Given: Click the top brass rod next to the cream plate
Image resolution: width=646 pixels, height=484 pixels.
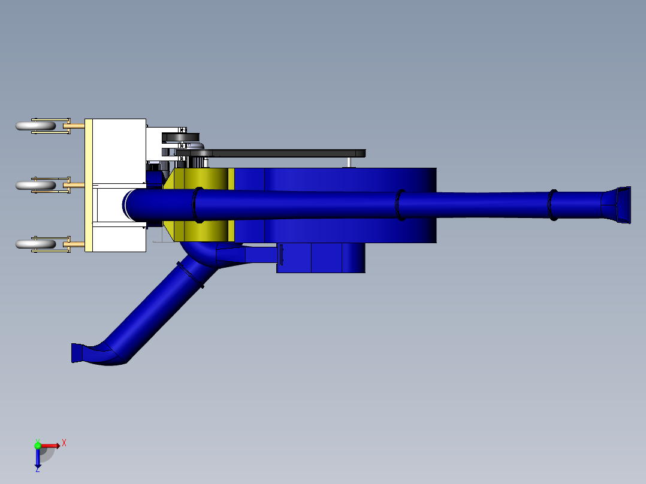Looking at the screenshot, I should tap(76, 126).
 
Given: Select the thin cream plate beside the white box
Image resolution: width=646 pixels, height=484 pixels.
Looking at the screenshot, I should tap(88, 185).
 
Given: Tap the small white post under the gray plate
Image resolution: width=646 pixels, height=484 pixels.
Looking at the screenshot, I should tap(349, 162).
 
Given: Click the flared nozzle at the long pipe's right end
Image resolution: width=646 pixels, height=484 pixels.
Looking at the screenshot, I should tap(617, 205).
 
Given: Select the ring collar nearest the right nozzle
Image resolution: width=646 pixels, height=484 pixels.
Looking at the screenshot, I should tap(553, 205).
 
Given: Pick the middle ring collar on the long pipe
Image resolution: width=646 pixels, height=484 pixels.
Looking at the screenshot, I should tap(400, 205).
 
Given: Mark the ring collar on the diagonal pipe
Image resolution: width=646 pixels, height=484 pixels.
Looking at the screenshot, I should tap(191, 275).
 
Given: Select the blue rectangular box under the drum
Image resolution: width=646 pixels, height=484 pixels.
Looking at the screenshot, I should tap(321, 258).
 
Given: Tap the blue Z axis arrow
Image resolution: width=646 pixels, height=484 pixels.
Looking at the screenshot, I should tap(38, 460).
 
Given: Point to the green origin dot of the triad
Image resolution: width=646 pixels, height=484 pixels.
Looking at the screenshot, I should tap(38, 445).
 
